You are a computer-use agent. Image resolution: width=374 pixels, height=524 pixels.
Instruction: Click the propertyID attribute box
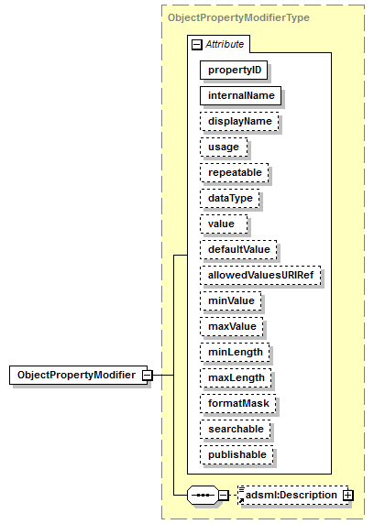[234, 71]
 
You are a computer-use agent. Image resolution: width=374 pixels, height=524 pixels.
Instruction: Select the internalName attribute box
[241, 95]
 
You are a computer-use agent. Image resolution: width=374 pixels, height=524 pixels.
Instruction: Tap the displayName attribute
[239, 121]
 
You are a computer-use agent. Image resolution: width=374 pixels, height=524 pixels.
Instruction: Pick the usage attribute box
[224, 147]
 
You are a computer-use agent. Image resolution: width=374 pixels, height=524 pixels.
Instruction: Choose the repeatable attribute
[235, 173]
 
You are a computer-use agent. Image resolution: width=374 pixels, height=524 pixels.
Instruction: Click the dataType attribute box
[230, 199]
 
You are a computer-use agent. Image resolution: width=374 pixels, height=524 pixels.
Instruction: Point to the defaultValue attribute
[238, 250]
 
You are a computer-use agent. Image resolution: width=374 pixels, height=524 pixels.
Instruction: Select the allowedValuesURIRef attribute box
[260, 276]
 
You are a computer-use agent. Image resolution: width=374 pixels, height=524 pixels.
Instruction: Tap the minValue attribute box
[231, 301]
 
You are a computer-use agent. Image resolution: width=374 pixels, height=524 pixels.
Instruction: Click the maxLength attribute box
[236, 378]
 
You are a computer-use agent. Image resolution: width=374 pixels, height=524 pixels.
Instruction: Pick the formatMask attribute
[238, 404]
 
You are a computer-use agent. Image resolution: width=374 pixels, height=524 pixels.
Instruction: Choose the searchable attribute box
[236, 430]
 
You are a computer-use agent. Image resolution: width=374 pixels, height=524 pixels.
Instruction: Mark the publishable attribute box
[236, 455]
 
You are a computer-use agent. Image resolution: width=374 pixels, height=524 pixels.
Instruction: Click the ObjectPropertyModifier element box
[78, 375]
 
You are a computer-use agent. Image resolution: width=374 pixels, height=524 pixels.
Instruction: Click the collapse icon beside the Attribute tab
[197, 45]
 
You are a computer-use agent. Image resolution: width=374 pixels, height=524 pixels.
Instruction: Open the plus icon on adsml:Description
[348, 496]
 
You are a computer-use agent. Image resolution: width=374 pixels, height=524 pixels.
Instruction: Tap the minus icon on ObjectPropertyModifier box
[148, 376]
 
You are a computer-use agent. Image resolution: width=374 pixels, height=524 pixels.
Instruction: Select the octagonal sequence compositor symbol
[203, 496]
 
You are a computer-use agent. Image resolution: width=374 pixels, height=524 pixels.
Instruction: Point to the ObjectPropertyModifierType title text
[238, 17]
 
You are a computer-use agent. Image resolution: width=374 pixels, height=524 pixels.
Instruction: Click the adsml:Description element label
[291, 495]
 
